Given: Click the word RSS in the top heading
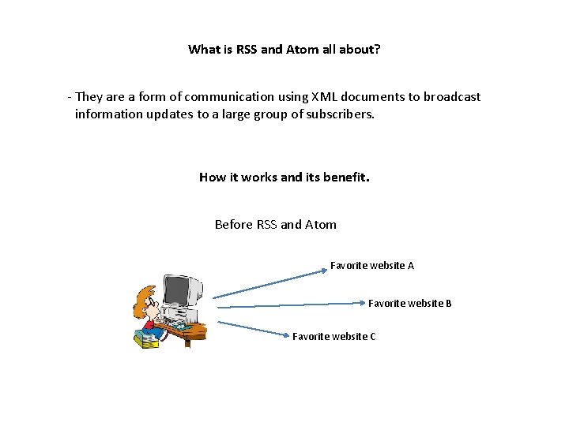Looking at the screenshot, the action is [x=247, y=50].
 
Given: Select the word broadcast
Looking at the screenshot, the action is [x=451, y=97].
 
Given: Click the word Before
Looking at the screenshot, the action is [x=234, y=225].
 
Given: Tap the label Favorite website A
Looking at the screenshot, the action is [x=371, y=266].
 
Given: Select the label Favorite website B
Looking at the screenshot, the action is [x=409, y=303].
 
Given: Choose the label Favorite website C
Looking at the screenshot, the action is [x=333, y=337].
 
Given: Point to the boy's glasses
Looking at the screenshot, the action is [x=152, y=301].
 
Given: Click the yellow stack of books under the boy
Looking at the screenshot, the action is [x=146, y=340].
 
